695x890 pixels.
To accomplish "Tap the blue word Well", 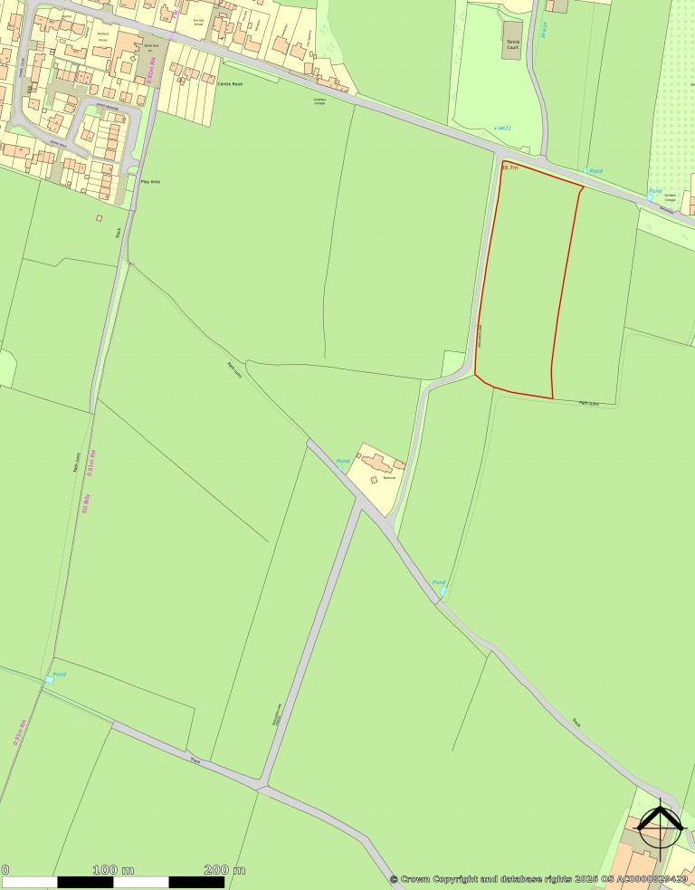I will tap(503, 128).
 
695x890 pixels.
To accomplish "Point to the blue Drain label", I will tap(544, 31).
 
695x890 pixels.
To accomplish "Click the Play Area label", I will tap(149, 182).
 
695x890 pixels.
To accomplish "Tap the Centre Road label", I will tap(231, 82).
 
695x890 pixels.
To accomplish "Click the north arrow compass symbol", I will tap(660, 822).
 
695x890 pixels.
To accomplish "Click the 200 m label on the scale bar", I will tap(224, 869).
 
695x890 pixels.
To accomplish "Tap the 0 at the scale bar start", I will tap(5, 869).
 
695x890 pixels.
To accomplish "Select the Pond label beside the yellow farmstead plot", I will tap(343, 462).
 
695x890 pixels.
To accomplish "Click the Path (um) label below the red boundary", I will tap(588, 403).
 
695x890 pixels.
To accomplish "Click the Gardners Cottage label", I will tap(319, 100).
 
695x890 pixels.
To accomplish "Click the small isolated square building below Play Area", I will tap(99, 218).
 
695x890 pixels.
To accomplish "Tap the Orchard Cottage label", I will tap(671, 198).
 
